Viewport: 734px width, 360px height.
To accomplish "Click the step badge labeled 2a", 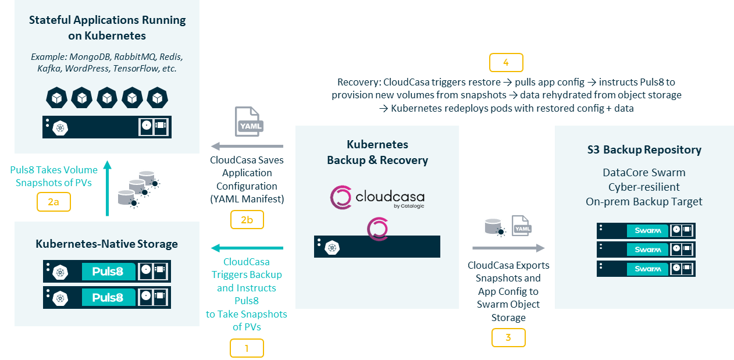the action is coord(54,202).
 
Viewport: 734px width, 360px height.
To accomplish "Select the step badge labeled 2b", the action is coord(247,219).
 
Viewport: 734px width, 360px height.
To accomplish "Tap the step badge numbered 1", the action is coord(247,348).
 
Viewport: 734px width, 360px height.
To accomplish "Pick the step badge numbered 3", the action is coord(508,338).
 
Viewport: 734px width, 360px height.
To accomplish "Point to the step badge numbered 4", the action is coord(506,62).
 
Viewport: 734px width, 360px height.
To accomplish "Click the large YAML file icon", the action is coord(249,122).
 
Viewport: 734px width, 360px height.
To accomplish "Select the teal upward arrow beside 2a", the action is coord(107,188).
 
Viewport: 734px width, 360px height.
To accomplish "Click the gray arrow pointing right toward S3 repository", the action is coord(508,248).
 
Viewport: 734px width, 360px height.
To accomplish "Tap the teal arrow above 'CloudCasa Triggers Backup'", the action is coord(247,248).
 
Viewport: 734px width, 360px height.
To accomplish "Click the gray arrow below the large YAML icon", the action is coord(247,146).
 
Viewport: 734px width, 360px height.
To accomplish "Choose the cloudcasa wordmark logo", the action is coord(377,197).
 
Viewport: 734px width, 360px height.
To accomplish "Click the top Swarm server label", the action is coord(647,231).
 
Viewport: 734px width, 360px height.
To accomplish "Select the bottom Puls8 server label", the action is coord(108,297).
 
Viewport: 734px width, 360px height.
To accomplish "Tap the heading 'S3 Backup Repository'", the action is coord(644,149).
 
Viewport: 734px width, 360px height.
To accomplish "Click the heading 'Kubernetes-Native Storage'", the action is coord(107,244).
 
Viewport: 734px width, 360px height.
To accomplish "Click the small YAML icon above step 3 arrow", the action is coord(522,226).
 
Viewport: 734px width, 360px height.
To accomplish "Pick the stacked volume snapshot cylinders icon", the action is coord(139,190).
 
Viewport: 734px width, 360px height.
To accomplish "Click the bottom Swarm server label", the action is coord(647,269).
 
